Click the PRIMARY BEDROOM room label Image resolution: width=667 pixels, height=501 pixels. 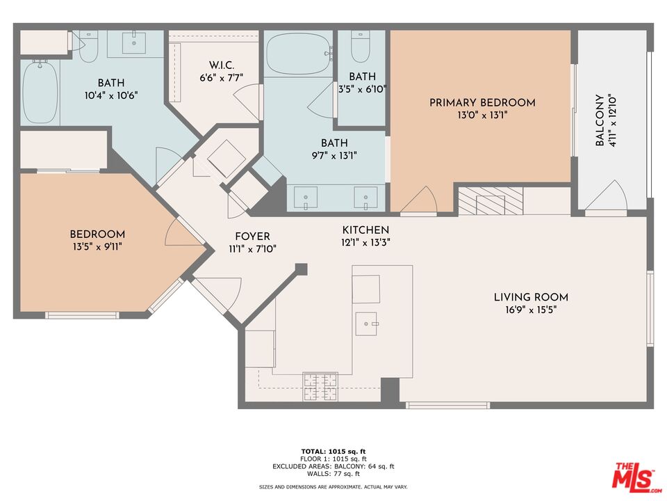(482, 103)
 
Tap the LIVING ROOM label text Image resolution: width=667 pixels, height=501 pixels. (525, 297)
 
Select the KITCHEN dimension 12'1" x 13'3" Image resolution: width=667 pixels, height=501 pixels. (365, 243)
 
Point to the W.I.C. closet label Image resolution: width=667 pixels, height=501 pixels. (217, 65)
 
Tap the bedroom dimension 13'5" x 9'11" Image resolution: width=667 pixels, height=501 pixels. (97, 246)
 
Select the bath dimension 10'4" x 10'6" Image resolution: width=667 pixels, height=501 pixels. (112, 95)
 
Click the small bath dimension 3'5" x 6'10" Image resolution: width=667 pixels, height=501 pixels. (362, 89)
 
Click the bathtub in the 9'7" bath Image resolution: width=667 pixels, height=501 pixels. (297, 54)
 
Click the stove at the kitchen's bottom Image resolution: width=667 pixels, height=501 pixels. (320, 387)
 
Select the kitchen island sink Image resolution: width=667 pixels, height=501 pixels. (366, 321)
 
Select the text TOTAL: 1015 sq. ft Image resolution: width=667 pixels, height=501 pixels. (333, 452)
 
